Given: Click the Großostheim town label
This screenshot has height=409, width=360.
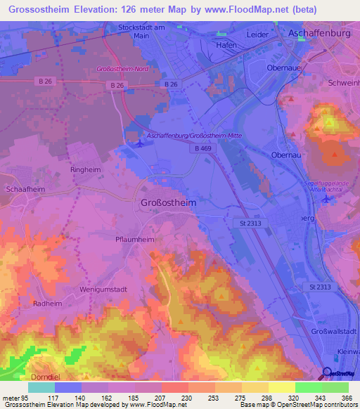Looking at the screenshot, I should (x=165, y=202).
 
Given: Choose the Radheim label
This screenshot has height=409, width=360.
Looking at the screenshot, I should (x=49, y=304).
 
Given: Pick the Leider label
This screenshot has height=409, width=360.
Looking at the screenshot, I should (x=258, y=34).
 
